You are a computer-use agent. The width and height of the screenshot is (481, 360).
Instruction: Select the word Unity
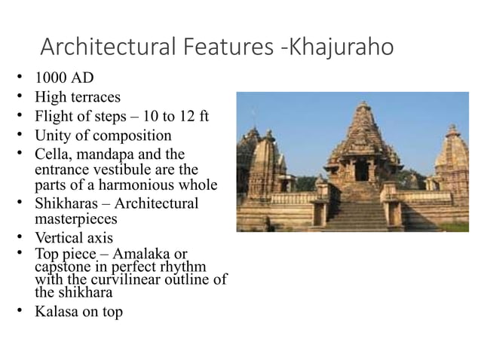coord(51,136)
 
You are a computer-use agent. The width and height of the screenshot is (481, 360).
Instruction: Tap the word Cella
coord(53,155)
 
